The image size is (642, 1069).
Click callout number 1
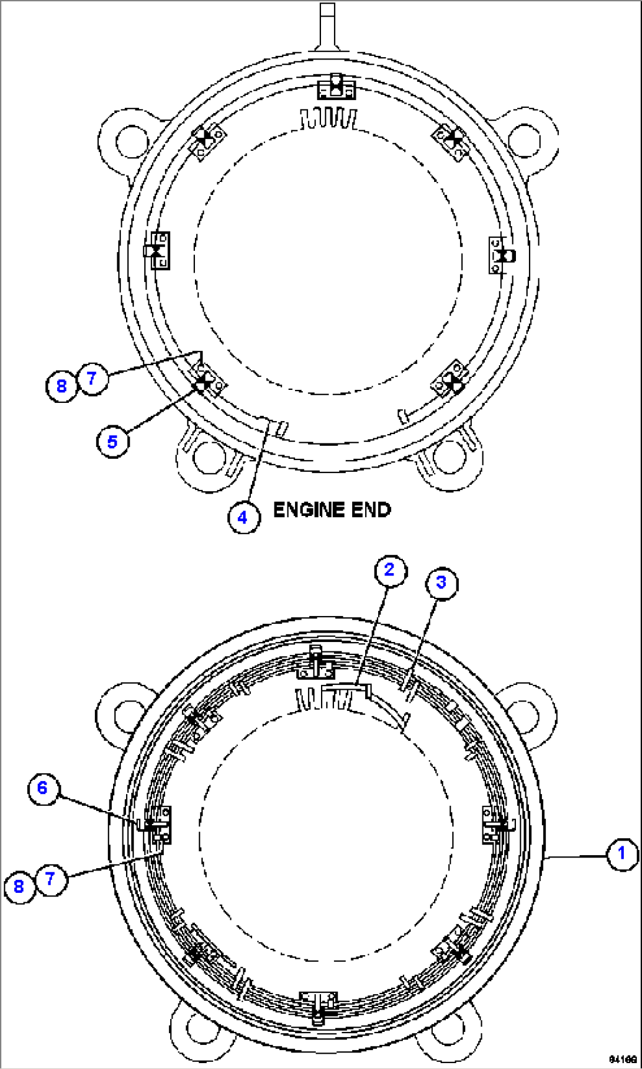pyautogui.click(x=621, y=853)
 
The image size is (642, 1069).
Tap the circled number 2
pyautogui.click(x=389, y=570)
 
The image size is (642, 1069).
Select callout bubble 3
pyautogui.click(x=441, y=583)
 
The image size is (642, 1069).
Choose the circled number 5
pyautogui.click(x=112, y=441)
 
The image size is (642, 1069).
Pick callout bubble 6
pyautogui.click(x=42, y=788)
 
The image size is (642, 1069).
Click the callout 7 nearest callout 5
pyautogui.click(x=91, y=379)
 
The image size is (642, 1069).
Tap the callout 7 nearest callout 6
pyautogui.click(x=50, y=879)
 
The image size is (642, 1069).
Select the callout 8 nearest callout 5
pyautogui.click(x=61, y=386)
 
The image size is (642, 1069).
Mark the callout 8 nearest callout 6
pyautogui.click(x=19, y=886)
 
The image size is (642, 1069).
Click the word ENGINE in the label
pyautogui.click(x=309, y=509)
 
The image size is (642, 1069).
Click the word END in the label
pyautogui.click(x=370, y=509)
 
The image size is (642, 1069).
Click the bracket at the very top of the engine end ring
pyautogui.click(x=336, y=88)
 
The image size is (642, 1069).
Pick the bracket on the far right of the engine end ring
pyautogui.click(x=502, y=256)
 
